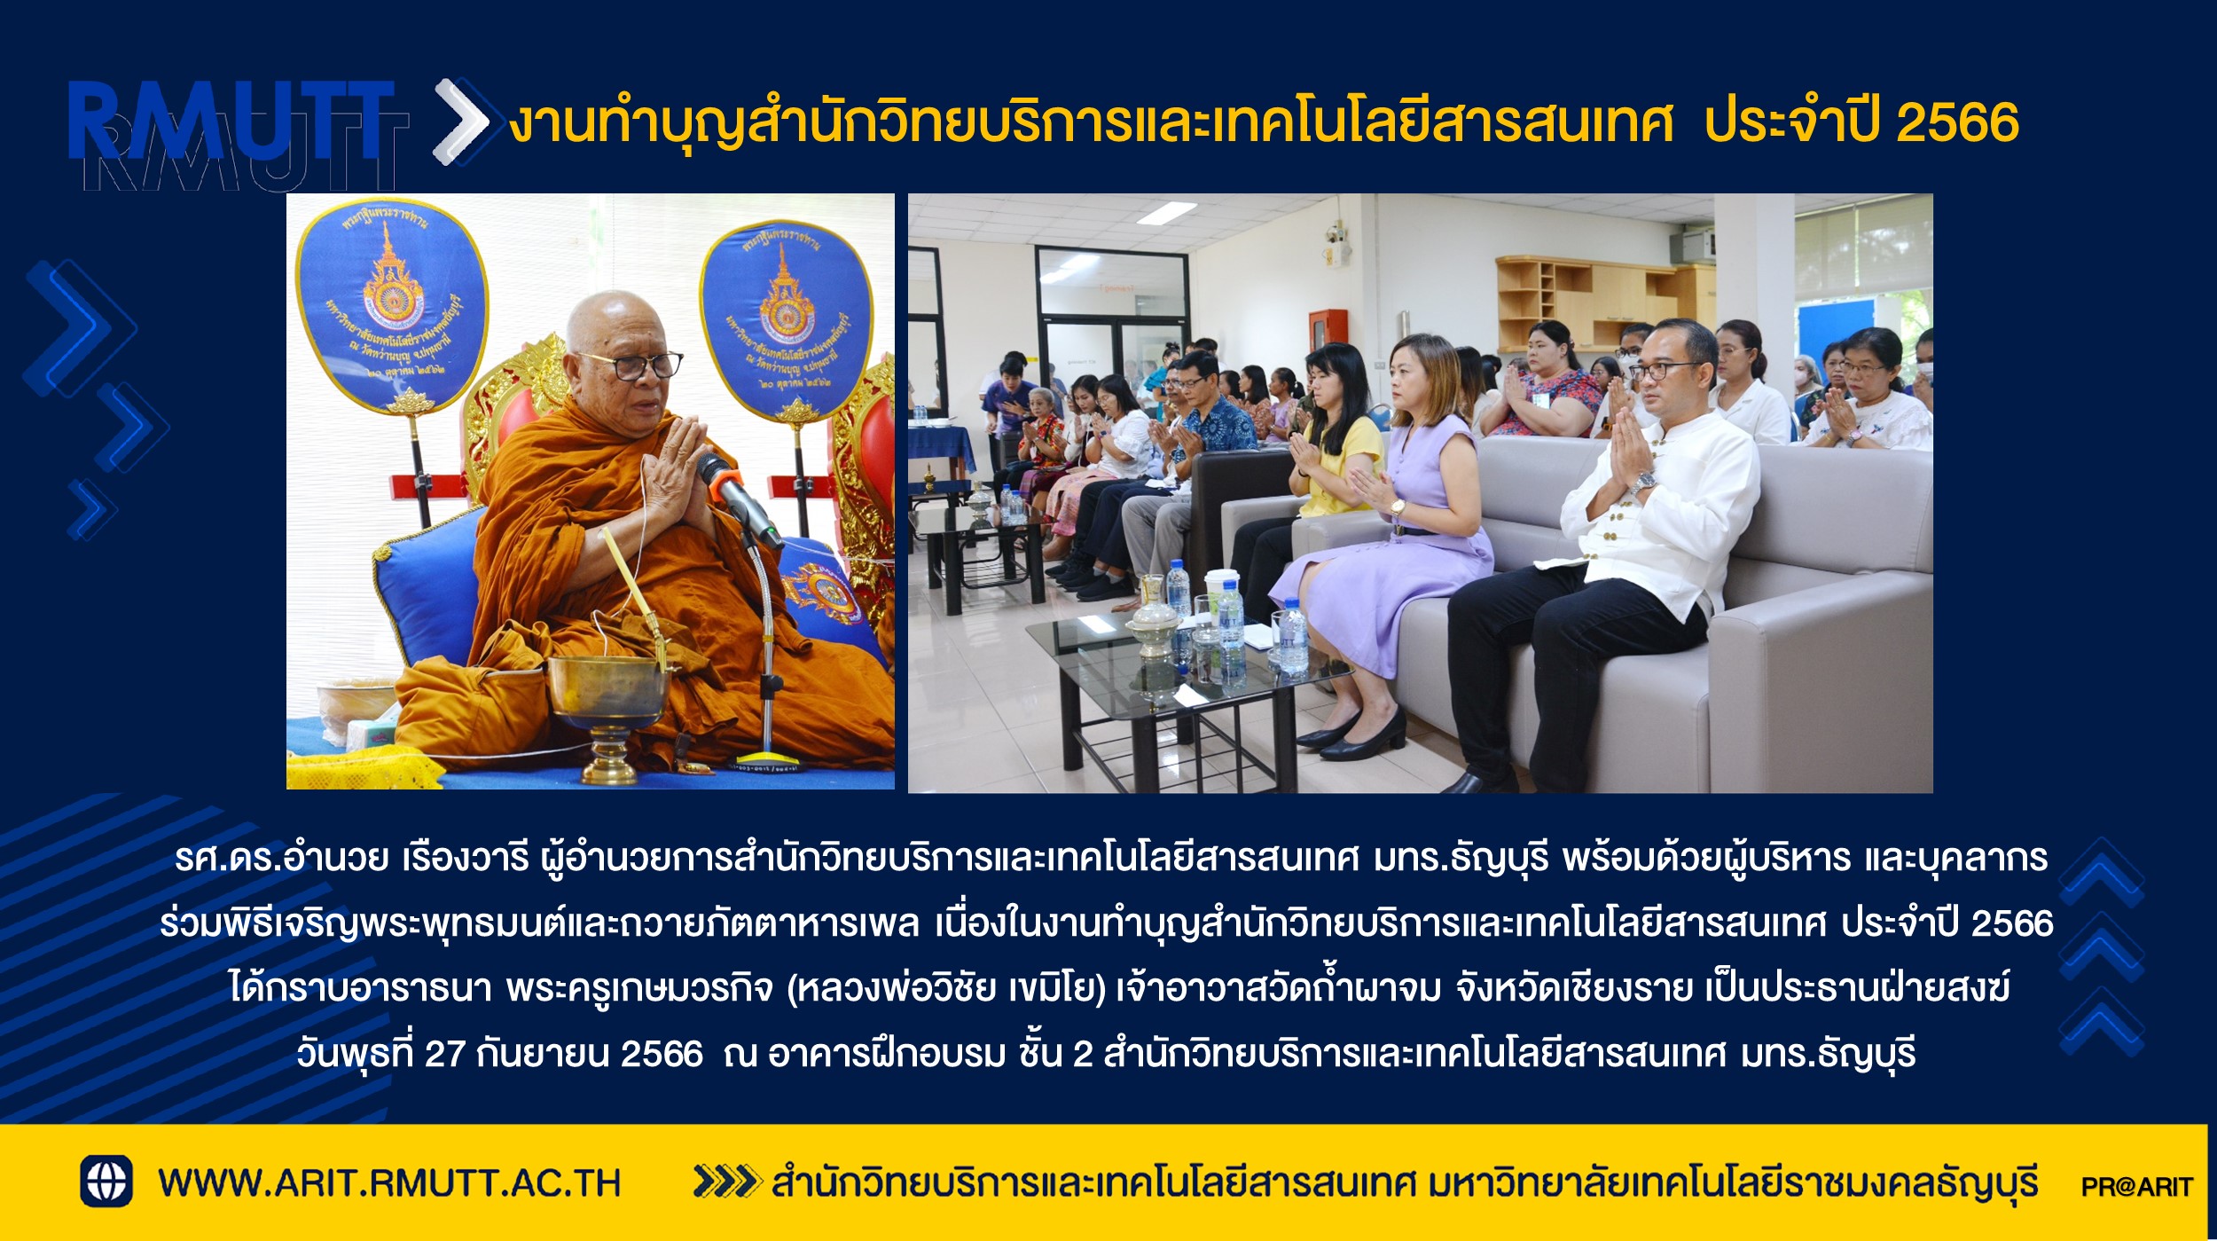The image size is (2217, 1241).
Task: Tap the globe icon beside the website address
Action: tap(106, 1182)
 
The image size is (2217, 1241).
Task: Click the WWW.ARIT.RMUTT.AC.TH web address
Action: tap(389, 1183)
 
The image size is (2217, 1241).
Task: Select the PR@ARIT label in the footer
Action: tap(2137, 1187)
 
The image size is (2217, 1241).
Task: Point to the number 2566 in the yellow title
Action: tap(1957, 122)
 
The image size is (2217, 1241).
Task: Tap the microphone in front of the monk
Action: tap(738, 499)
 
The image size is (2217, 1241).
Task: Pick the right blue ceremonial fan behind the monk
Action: tap(786, 319)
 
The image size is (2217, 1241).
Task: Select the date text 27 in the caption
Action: tap(444, 1054)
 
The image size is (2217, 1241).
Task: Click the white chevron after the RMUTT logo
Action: tap(461, 122)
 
